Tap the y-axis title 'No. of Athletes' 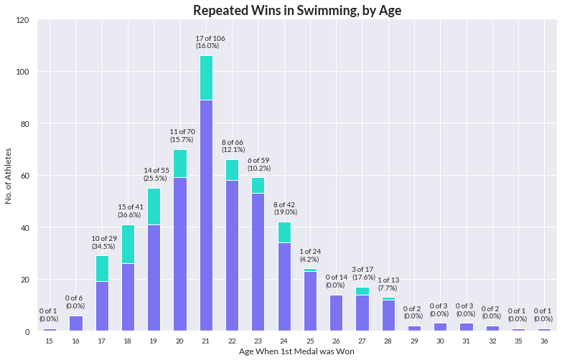point(9,176)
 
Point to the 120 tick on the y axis point(22,20)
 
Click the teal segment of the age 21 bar point(206,77)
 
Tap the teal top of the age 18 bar point(128,244)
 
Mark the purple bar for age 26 point(336,313)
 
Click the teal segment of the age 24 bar point(284,232)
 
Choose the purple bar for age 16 point(76,323)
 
